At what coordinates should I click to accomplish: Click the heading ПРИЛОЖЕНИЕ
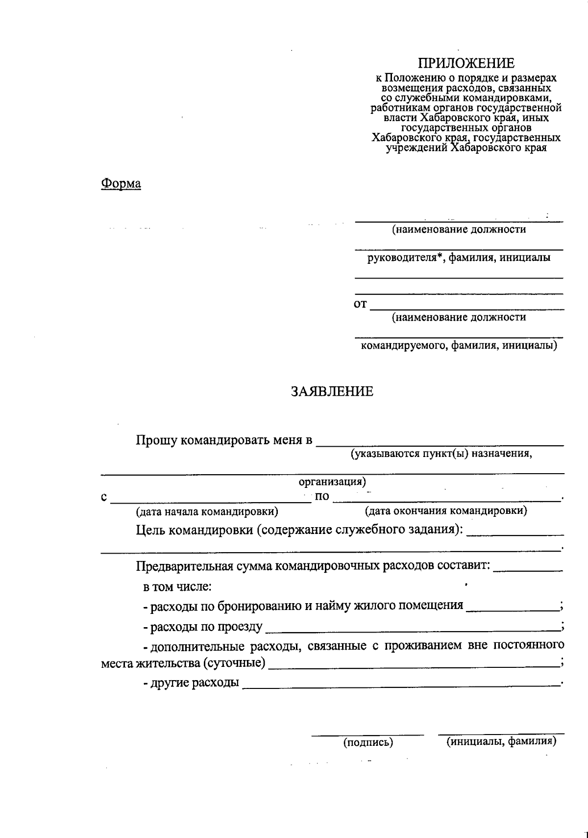pos(466,63)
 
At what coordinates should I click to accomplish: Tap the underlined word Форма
pos(121,184)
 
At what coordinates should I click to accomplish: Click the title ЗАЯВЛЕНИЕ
pos(332,391)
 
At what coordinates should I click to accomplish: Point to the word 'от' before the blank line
pos(360,305)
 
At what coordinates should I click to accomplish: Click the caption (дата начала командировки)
pos(207,512)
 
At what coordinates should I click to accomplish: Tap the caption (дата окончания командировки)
pos(446,511)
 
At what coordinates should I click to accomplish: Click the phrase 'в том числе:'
pos(177,586)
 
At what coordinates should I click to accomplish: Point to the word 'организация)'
pos(332,482)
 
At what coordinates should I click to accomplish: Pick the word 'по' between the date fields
pos(322,496)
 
